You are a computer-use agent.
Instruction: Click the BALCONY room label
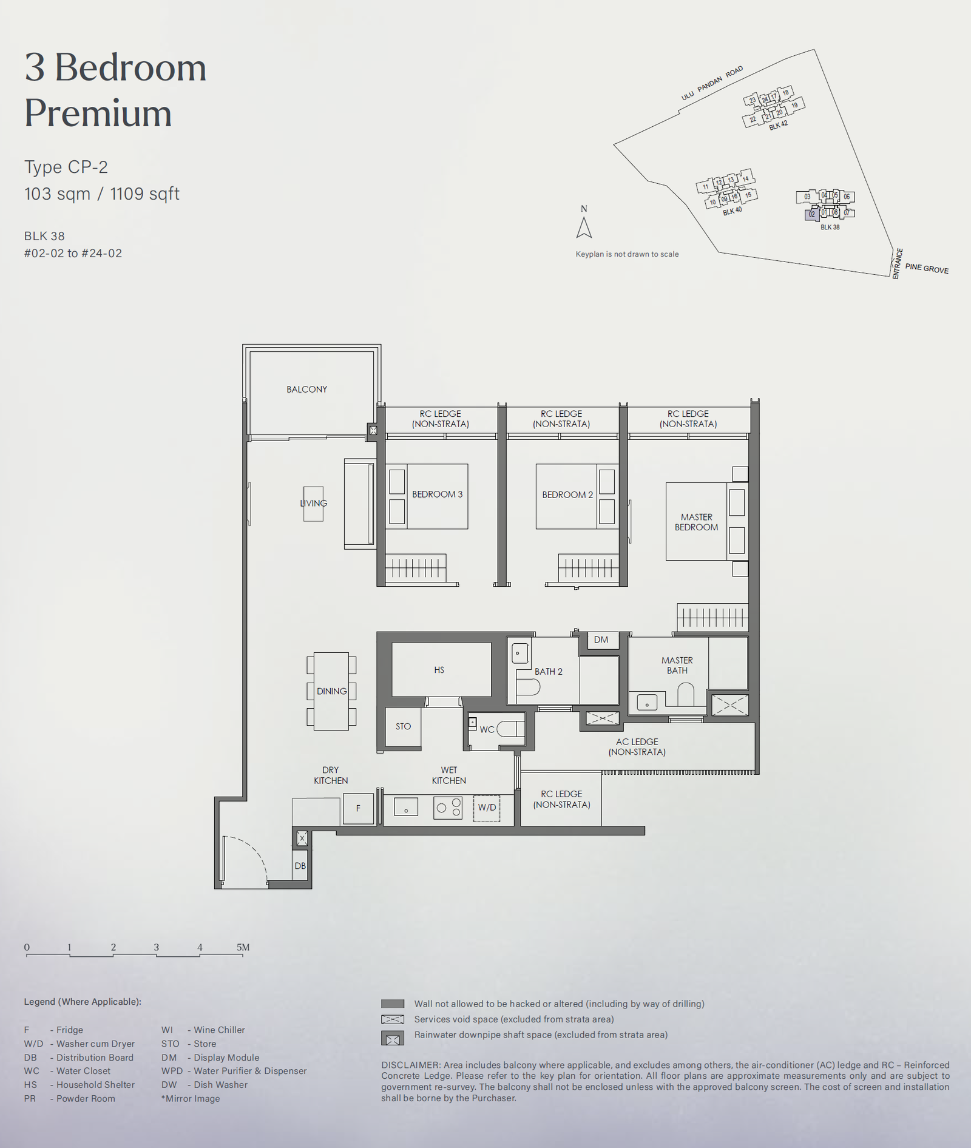[306, 390]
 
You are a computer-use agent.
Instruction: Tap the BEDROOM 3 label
[437, 495]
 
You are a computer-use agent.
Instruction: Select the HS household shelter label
[439, 670]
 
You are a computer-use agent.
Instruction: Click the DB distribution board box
[300, 866]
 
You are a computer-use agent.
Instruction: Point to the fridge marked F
[358, 808]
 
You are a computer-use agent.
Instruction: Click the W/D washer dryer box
[487, 808]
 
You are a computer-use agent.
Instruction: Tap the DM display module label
[601, 640]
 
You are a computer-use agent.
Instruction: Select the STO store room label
[404, 726]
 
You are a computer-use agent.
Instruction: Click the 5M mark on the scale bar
[243, 947]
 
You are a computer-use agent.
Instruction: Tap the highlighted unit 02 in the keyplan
[811, 214]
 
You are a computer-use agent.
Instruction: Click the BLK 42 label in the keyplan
[778, 126]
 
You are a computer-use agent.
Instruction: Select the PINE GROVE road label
[927, 268]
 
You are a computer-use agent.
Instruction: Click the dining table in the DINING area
[331, 691]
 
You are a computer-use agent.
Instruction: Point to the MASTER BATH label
[677, 665]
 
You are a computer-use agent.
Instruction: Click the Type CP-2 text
[66, 167]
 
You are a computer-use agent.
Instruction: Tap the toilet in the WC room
[511, 729]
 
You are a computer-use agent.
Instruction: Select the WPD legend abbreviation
[172, 1071]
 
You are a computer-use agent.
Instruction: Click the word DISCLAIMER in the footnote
[410, 1065]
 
